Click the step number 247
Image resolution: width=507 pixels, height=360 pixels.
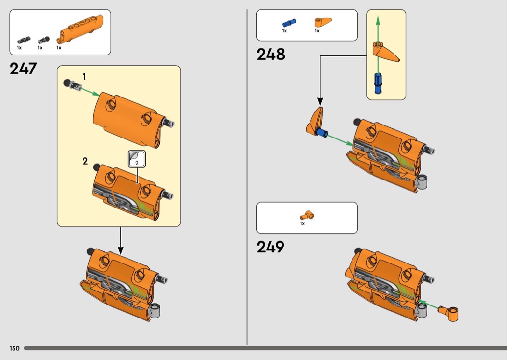(x=23, y=69)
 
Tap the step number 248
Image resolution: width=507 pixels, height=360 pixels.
(x=270, y=55)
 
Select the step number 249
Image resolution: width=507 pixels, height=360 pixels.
(x=270, y=247)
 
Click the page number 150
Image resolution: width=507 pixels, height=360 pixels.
(x=14, y=348)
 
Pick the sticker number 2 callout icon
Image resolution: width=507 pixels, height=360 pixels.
(x=137, y=159)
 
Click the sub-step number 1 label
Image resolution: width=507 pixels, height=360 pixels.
(x=84, y=77)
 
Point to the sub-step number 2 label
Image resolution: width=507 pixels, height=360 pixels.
(x=85, y=161)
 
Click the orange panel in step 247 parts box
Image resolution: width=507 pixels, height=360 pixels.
(x=81, y=29)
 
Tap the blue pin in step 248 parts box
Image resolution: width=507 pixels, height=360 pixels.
(x=289, y=23)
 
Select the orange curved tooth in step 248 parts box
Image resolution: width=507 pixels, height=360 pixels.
(x=323, y=22)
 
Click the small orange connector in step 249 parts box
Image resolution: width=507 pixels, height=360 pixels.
(x=307, y=215)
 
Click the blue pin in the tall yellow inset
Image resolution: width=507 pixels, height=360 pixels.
(x=378, y=83)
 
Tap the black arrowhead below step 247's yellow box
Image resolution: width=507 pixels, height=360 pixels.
(x=121, y=250)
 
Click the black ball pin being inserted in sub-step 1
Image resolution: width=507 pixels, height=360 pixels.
(x=72, y=85)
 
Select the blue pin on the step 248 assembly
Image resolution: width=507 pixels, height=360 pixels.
(x=323, y=133)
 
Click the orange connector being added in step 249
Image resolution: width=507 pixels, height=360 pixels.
(x=449, y=313)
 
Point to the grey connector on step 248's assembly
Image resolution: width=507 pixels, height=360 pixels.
(x=422, y=183)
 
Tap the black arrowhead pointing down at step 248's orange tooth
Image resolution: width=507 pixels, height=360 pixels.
(x=320, y=102)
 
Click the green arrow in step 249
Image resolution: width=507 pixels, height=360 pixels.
(x=428, y=305)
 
